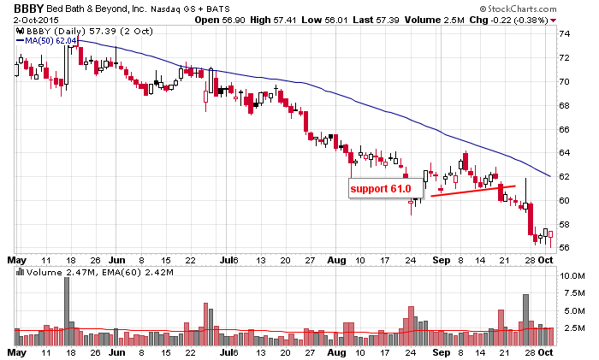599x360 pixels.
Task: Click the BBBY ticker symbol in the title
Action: pyautogui.click(x=27, y=9)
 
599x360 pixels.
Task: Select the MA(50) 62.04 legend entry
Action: pyautogui.click(x=52, y=40)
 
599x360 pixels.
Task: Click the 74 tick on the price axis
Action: pyautogui.click(x=564, y=34)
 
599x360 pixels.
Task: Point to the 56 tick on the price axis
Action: pyautogui.click(x=564, y=248)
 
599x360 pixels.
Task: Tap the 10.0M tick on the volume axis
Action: pyautogui.click(x=569, y=277)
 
